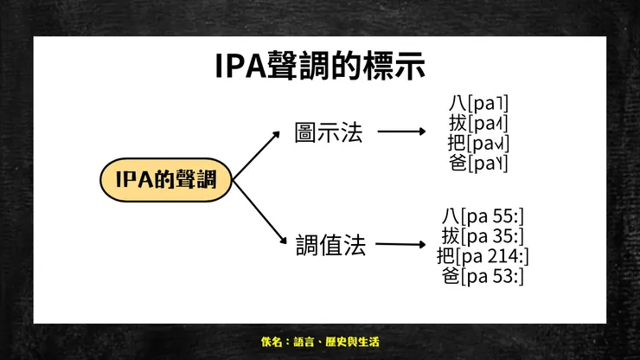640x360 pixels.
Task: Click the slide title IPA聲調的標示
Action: click(320, 67)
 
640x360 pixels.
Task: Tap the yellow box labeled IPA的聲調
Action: click(165, 180)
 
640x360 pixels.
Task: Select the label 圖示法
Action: click(328, 132)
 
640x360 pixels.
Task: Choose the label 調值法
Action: click(330, 246)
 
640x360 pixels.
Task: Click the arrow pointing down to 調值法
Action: click(259, 211)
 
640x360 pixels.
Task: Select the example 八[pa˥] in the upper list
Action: click(478, 102)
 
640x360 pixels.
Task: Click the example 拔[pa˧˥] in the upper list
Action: click(478, 122)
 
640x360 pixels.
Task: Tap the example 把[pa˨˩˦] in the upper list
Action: click(478, 142)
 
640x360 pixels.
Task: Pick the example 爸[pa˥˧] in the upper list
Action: click(478, 162)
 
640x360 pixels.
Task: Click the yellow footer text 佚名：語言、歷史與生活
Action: click(320, 342)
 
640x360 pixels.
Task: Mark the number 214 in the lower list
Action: click(503, 255)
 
